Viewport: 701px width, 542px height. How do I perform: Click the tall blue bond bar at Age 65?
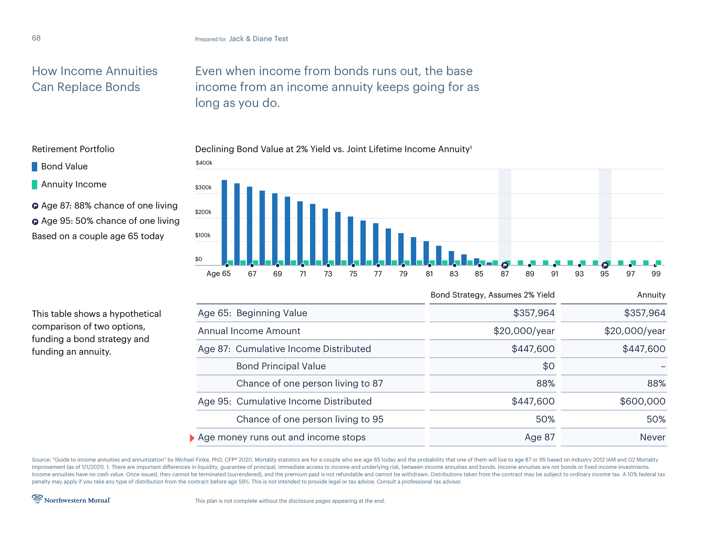click(224, 222)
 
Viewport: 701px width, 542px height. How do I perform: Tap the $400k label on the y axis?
click(204, 163)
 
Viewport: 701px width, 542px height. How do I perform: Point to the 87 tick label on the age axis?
click(505, 274)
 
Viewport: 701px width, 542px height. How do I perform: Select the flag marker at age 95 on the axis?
click(605, 265)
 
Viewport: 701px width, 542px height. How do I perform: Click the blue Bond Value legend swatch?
click(35, 167)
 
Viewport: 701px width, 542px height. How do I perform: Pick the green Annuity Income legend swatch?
click(35, 184)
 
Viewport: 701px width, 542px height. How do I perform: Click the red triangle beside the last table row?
click(192, 438)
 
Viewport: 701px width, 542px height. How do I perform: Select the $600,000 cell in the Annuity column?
click(643, 401)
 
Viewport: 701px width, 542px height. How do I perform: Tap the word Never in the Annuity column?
click(652, 437)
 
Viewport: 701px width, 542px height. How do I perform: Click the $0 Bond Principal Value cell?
click(548, 366)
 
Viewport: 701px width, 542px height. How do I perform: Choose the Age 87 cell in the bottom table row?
click(540, 437)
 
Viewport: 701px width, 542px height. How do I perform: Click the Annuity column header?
click(651, 295)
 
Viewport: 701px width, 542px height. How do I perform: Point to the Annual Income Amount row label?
click(249, 331)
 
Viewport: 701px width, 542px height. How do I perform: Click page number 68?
click(36, 38)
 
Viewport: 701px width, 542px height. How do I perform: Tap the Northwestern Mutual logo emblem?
click(37, 499)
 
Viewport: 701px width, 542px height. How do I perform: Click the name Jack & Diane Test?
click(258, 39)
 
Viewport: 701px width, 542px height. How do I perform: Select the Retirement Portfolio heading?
click(73, 149)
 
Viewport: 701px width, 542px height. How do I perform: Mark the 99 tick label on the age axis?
click(656, 274)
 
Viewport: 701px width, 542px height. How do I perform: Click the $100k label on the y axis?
click(203, 235)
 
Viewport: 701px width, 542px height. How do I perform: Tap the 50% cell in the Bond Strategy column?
click(545, 419)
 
